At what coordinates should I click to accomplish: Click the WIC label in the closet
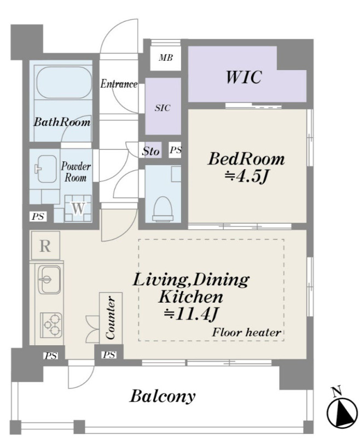point(243,77)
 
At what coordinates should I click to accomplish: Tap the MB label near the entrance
point(166,58)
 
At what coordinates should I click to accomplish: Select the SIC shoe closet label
point(162,108)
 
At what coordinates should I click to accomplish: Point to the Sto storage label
point(151,151)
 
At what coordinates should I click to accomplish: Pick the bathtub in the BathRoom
point(64,83)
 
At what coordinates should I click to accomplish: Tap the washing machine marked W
point(78,208)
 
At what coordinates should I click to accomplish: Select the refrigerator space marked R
point(45,246)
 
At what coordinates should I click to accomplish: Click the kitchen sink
point(49,280)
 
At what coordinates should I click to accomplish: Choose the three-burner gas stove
point(51,324)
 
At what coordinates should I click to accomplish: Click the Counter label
point(111,318)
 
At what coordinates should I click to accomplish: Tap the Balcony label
point(162,396)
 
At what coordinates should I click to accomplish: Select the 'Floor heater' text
point(247,333)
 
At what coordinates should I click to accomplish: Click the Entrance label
point(119,84)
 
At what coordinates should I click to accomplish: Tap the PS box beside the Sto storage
point(175,150)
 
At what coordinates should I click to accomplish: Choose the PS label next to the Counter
point(109,355)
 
